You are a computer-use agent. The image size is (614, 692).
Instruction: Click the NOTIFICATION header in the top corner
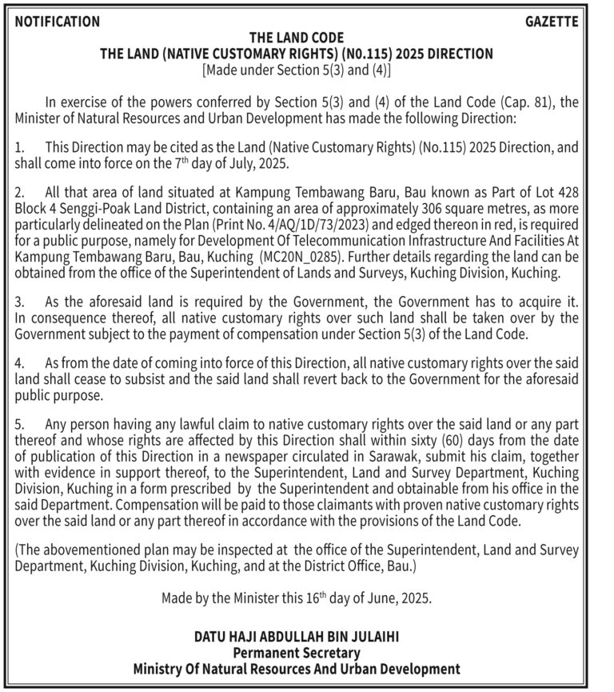coord(58,22)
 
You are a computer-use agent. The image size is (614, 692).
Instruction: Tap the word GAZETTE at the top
coord(552,22)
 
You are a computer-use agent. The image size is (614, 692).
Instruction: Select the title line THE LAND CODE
coord(297,38)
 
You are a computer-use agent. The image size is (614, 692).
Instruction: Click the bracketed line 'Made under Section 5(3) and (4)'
coord(297,70)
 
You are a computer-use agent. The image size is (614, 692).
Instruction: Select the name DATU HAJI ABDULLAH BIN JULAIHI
coord(297,638)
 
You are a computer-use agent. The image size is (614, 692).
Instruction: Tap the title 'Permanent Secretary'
coord(297,653)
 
